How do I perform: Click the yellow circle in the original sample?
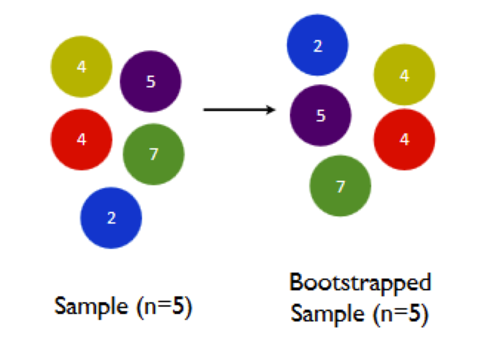[81, 67]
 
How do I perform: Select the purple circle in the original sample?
[150, 81]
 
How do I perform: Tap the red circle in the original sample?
[81, 140]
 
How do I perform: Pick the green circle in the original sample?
[153, 154]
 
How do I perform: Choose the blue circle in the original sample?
[111, 218]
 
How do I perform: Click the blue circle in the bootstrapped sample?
[317, 45]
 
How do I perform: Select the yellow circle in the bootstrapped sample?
[404, 75]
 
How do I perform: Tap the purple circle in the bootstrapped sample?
[320, 115]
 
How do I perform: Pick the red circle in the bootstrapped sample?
[404, 140]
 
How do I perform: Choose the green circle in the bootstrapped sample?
[340, 186]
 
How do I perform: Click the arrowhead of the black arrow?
[271, 110]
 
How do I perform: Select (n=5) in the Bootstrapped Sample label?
[400, 314]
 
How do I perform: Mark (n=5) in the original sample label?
[164, 307]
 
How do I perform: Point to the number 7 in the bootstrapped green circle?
[340, 187]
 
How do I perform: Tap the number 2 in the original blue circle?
[111, 218]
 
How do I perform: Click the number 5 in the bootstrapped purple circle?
[321, 116]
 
